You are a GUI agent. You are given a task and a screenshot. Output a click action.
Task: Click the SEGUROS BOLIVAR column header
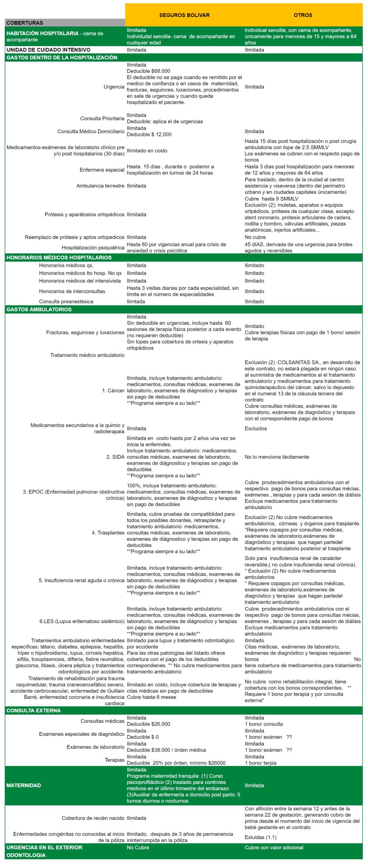(x=184, y=15)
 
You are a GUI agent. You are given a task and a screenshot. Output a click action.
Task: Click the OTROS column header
(x=303, y=15)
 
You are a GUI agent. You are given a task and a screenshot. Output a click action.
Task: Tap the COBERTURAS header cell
(x=25, y=23)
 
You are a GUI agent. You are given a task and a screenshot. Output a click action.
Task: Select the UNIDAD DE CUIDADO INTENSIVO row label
(x=48, y=50)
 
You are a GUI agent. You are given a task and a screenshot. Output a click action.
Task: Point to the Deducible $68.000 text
(x=148, y=71)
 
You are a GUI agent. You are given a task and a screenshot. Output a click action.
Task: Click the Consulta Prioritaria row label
(x=102, y=118)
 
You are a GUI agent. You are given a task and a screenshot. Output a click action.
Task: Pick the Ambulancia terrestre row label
(x=100, y=186)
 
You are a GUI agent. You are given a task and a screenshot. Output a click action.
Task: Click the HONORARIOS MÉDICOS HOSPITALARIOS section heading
(x=59, y=258)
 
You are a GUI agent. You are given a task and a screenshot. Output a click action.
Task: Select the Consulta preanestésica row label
(x=66, y=302)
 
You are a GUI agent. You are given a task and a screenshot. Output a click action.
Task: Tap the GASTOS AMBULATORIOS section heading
(x=39, y=309)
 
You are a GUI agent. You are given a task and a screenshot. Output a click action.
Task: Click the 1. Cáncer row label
(x=113, y=391)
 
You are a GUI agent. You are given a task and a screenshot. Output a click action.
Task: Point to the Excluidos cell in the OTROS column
(x=256, y=429)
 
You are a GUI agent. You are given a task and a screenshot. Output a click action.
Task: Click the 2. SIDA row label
(x=115, y=457)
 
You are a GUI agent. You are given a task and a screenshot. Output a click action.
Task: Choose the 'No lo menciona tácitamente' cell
(x=277, y=457)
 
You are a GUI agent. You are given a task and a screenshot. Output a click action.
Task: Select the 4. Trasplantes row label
(x=108, y=533)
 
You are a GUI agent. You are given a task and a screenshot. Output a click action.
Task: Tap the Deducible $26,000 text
(x=148, y=724)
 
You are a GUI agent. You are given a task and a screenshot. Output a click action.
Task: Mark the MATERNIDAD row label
(x=23, y=785)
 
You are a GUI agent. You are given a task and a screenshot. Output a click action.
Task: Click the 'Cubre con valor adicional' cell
(x=274, y=847)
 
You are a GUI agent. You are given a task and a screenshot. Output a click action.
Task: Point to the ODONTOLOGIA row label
(x=26, y=855)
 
